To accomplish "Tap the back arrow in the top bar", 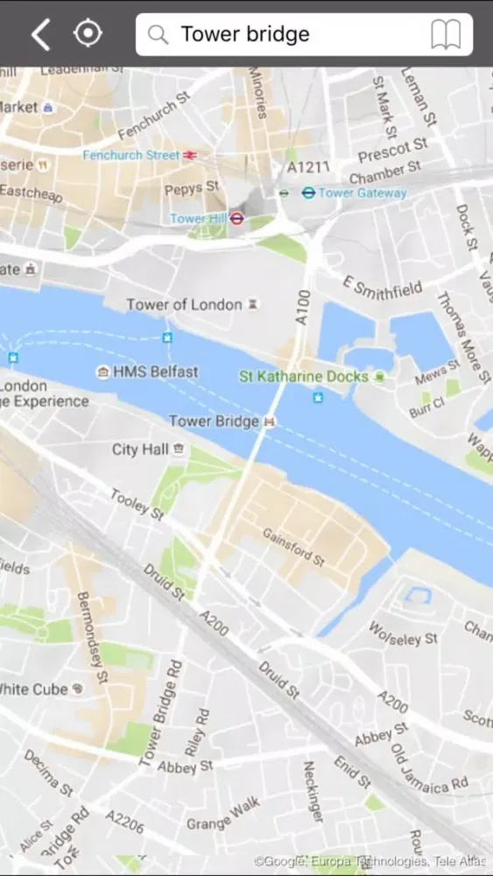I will click(40, 34).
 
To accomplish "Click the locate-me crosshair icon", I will click(88, 33).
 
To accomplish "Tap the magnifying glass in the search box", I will click(158, 35).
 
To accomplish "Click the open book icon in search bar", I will click(446, 35).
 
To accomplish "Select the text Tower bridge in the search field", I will click(245, 35).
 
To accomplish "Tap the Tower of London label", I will click(184, 305).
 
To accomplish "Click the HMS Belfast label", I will click(157, 372).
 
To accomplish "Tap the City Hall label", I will click(139, 449).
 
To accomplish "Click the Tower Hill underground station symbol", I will click(236, 218).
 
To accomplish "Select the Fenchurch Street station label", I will click(131, 155).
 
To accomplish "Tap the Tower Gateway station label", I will click(363, 193).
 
